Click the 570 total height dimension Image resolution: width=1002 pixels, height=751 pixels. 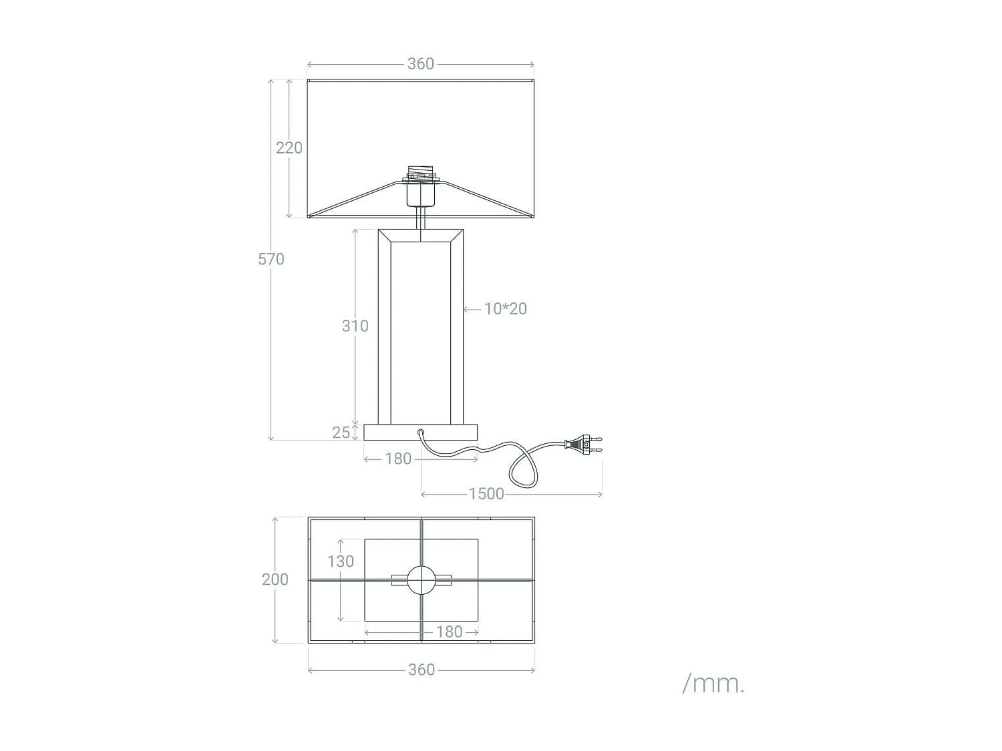click(x=271, y=259)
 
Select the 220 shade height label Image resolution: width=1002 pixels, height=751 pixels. click(x=289, y=148)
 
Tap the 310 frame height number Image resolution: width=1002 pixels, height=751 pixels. click(x=355, y=326)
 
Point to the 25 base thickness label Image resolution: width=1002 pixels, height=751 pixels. click(x=341, y=433)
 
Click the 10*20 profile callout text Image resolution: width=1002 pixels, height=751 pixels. click(x=506, y=308)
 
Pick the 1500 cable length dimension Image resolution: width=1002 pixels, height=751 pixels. click(x=486, y=494)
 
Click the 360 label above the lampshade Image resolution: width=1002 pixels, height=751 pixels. click(x=421, y=64)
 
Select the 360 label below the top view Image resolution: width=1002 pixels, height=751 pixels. click(x=421, y=670)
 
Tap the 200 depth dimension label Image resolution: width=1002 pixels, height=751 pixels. click(x=275, y=579)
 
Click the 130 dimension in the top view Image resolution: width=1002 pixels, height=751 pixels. click(x=341, y=561)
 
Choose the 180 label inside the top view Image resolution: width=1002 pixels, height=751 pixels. click(x=449, y=632)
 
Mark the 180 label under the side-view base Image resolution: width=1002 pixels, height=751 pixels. click(x=398, y=459)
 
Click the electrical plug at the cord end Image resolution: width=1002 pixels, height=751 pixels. click(x=583, y=445)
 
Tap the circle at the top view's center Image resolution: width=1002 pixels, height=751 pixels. click(x=421, y=580)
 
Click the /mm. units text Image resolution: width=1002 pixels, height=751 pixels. click(x=713, y=684)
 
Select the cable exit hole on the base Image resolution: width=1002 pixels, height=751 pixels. click(x=421, y=433)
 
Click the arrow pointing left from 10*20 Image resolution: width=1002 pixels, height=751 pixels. click(x=472, y=309)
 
